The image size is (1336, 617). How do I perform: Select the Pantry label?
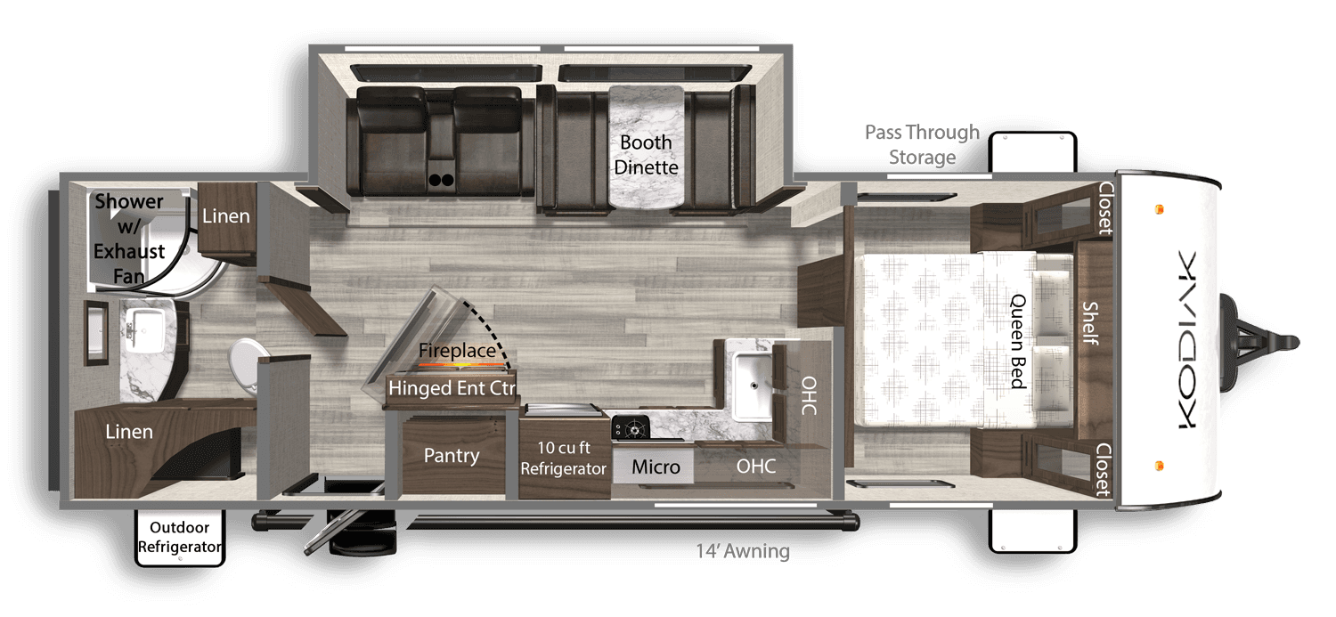(x=452, y=456)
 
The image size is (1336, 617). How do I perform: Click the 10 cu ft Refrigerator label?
(x=564, y=458)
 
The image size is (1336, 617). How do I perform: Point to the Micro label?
(x=656, y=467)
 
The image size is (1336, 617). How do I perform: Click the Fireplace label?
(x=457, y=351)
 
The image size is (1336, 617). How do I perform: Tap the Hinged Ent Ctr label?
(x=452, y=388)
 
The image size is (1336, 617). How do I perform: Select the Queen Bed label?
(x=1018, y=341)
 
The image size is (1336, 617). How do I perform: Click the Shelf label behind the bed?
(x=1089, y=323)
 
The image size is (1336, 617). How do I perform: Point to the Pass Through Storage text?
(x=922, y=145)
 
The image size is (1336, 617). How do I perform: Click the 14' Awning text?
(x=743, y=552)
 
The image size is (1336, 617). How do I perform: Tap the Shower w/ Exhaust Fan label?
(x=130, y=239)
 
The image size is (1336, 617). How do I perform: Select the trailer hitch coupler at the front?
(x=1283, y=339)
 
